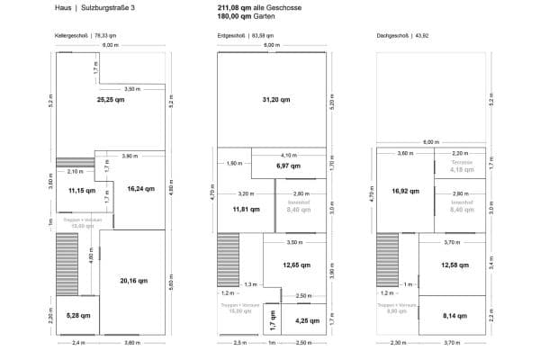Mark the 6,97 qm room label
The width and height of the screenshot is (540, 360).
tap(288, 166)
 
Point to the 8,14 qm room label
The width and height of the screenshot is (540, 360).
tap(454, 316)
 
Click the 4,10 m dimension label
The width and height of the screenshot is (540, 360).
tap(288, 155)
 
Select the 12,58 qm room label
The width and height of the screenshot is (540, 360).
tap(454, 265)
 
